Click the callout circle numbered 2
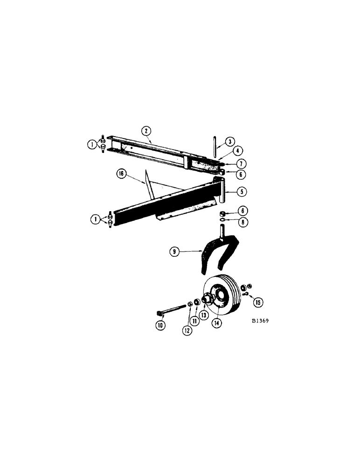146,131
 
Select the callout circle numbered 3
230,141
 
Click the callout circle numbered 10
161,325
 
